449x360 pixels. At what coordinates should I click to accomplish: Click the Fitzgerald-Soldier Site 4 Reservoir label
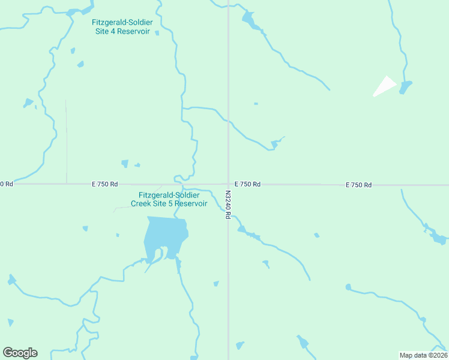click(x=122, y=27)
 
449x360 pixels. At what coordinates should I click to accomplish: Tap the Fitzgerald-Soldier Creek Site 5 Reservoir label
click(x=169, y=199)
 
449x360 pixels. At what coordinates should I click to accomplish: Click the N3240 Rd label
click(x=228, y=205)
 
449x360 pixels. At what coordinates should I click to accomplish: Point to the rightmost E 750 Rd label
click(x=358, y=185)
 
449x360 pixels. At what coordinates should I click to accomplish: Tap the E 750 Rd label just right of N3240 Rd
click(x=247, y=184)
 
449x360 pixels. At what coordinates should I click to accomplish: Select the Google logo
click(x=20, y=353)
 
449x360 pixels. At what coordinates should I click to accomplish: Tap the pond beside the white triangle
click(x=405, y=88)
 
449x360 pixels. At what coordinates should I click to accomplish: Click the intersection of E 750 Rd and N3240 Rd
click(x=228, y=184)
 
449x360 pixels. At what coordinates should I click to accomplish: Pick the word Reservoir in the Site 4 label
click(x=133, y=31)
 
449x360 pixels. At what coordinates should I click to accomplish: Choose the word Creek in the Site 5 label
click(x=142, y=203)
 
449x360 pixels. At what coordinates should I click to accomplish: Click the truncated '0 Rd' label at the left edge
click(x=6, y=184)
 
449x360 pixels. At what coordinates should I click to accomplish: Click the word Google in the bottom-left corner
click(x=20, y=353)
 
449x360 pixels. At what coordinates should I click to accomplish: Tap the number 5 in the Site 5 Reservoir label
click(x=176, y=203)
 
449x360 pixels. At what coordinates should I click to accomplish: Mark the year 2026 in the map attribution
click(x=439, y=355)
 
